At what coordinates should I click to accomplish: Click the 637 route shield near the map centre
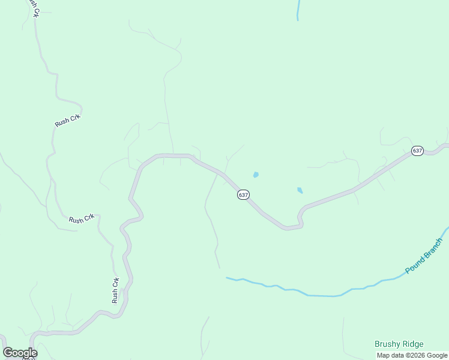pyautogui.click(x=243, y=195)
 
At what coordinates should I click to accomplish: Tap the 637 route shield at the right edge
pyautogui.click(x=417, y=151)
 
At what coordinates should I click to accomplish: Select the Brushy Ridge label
pyautogui.click(x=399, y=344)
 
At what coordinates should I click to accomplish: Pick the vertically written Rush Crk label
pyautogui.click(x=115, y=289)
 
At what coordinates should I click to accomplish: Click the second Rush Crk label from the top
pyautogui.click(x=67, y=120)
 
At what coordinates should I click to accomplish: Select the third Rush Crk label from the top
pyautogui.click(x=82, y=220)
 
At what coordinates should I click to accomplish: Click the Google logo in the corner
pyautogui.click(x=20, y=353)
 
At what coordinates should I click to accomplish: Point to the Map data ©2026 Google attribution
pyautogui.click(x=412, y=355)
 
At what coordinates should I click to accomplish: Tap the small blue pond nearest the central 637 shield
pyautogui.click(x=256, y=175)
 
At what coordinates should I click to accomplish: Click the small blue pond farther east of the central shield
pyautogui.click(x=300, y=190)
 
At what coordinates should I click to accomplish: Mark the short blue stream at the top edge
pyautogui.click(x=298, y=10)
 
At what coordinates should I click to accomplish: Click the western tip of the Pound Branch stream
pyautogui.click(x=227, y=278)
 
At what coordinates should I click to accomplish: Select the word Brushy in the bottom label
pyautogui.click(x=387, y=344)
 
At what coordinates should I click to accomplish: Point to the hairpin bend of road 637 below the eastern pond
pyautogui.click(x=300, y=217)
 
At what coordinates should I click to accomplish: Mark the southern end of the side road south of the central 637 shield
pyautogui.click(x=220, y=268)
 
